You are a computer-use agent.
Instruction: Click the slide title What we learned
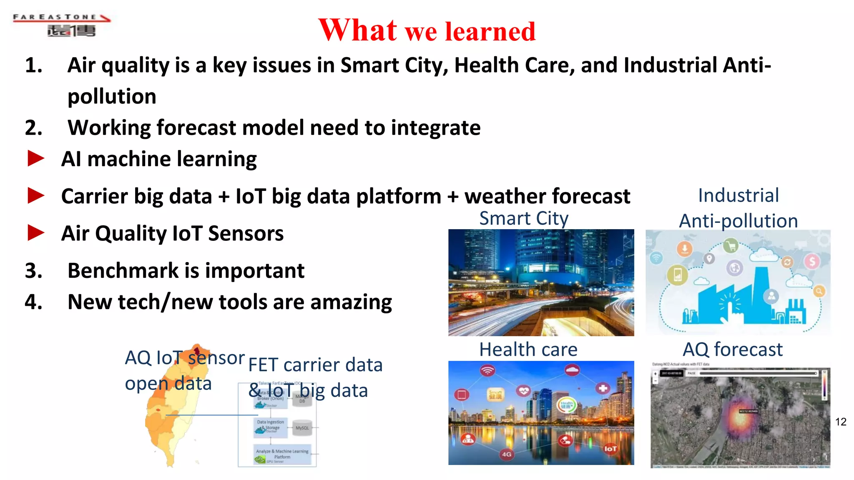pos(427,31)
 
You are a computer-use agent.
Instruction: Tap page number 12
pos(840,422)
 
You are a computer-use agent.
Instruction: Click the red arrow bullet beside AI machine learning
pos(36,159)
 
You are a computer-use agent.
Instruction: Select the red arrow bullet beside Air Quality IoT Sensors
pos(36,233)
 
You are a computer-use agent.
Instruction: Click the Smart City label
pos(524,218)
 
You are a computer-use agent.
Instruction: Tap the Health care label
pos(528,349)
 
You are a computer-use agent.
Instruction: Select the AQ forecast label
pos(732,349)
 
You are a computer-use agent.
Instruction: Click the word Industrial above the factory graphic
pos(738,195)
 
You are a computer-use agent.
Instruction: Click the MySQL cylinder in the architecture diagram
pos(302,428)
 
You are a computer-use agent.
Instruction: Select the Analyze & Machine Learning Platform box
pos(282,455)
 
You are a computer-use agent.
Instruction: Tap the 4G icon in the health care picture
pos(506,454)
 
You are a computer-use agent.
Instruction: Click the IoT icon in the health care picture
pos(610,449)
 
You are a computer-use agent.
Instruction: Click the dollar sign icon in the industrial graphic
pos(812,262)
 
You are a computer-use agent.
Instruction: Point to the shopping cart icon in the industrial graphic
pos(730,246)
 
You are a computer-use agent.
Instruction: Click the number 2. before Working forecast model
pos(34,127)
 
